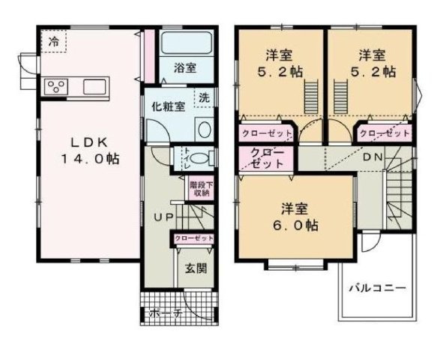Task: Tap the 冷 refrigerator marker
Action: [x=54, y=41]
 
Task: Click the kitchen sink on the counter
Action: [x=95, y=86]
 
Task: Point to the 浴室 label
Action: [x=186, y=68]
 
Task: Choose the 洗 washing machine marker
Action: [x=203, y=97]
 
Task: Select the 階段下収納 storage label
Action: [x=199, y=188]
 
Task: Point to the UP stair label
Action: [x=163, y=217]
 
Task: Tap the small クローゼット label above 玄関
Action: [x=193, y=238]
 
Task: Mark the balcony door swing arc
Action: [x=368, y=242]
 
